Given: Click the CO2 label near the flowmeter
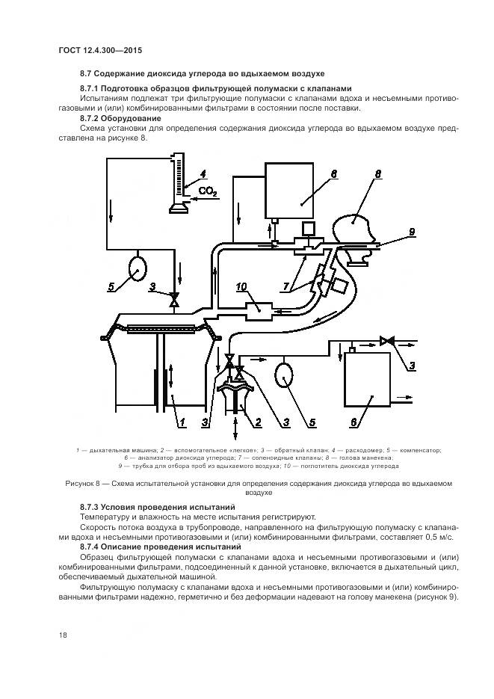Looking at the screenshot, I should [x=207, y=192].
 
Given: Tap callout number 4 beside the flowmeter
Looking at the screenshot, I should [x=192, y=178].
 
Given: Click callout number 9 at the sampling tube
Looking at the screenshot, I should [x=411, y=233].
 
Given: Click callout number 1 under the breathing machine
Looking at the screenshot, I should [x=181, y=422].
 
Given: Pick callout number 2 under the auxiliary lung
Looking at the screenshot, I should [x=258, y=422].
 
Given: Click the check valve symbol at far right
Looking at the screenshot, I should [x=386, y=342].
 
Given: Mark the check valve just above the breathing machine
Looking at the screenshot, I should [x=175, y=301].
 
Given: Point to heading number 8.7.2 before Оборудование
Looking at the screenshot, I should [x=93, y=117].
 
